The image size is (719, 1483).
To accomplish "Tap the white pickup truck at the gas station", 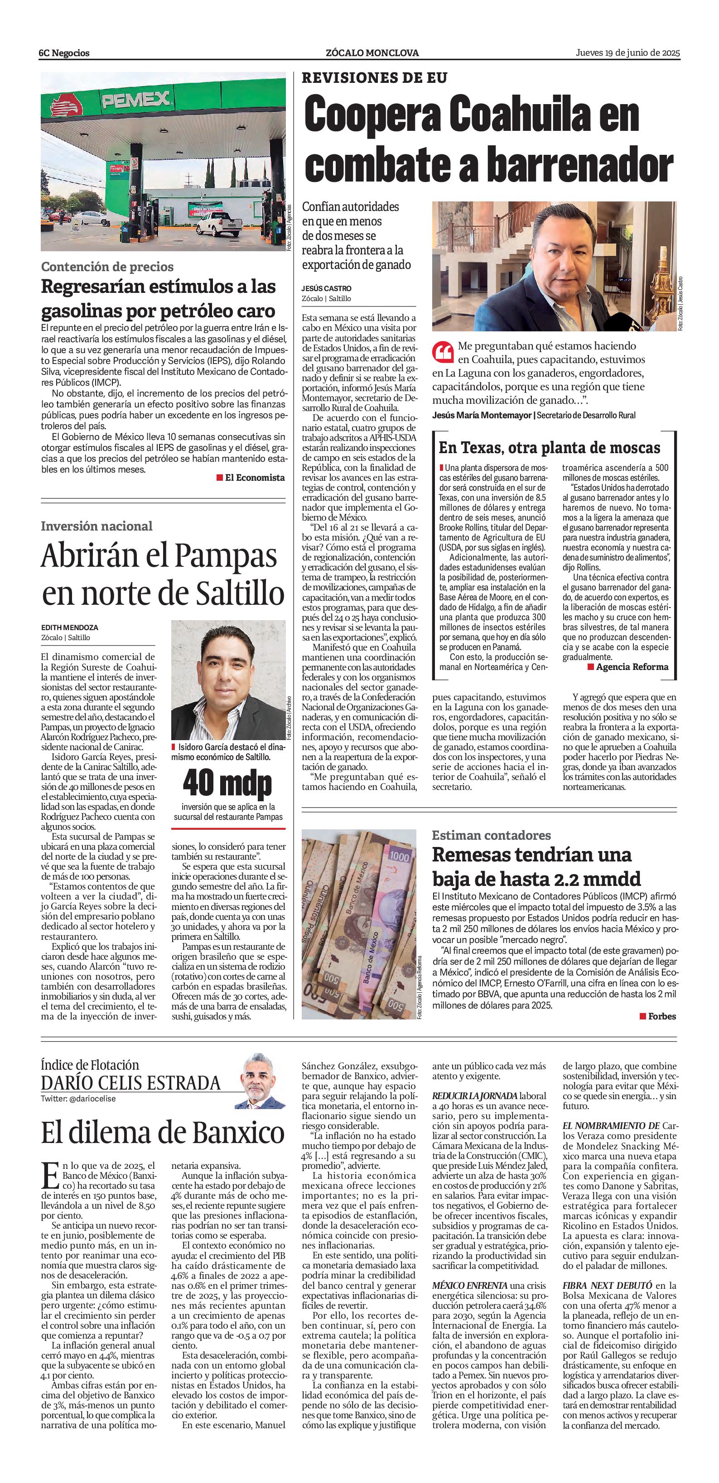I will [219, 223].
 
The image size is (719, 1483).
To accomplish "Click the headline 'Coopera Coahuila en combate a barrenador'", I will [488, 140].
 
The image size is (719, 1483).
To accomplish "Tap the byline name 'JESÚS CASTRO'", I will [326, 288].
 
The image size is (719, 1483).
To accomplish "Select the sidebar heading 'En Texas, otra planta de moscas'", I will [550, 447].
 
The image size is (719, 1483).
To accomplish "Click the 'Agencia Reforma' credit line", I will [632, 667].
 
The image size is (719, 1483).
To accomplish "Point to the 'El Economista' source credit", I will [254, 477].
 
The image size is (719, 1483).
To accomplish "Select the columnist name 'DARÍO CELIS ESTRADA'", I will [131, 1083].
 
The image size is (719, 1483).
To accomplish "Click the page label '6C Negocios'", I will [64, 53].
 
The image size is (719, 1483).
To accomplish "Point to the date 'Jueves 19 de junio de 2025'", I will [628, 53].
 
